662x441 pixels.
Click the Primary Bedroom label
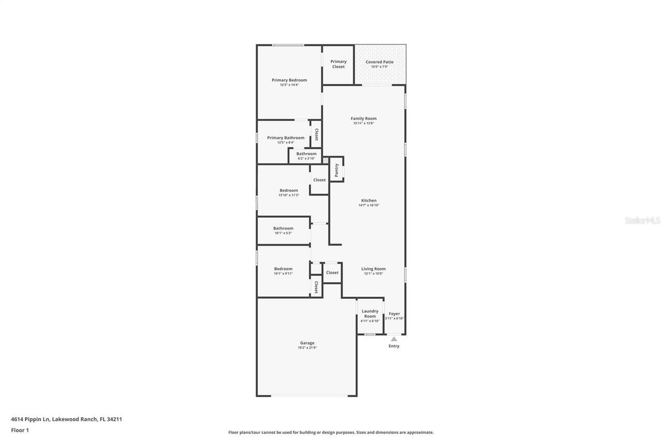pyautogui.click(x=289, y=80)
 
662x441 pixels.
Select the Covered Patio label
pyautogui.click(x=380, y=62)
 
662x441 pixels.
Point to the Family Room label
pyautogui.click(x=364, y=118)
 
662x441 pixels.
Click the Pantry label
pyautogui.click(x=337, y=170)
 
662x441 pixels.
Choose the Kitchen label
pyautogui.click(x=369, y=201)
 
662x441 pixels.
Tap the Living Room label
pyautogui.click(x=373, y=269)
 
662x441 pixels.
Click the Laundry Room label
pyautogui.click(x=370, y=314)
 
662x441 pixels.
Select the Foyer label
pyautogui.click(x=394, y=314)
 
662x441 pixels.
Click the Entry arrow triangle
pyautogui.click(x=394, y=339)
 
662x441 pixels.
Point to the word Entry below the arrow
pyautogui.click(x=394, y=346)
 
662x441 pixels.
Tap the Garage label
pyautogui.click(x=307, y=343)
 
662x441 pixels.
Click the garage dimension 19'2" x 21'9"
pyautogui.click(x=307, y=348)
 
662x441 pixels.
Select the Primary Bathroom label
pyautogui.click(x=285, y=138)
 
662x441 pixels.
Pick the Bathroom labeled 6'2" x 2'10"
pyautogui.click(x=306, y=154)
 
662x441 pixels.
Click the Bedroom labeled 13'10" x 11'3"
pyautogui.click(x=289, y=190)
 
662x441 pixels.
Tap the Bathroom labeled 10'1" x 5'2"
pyautogui.click(x=283, y=229)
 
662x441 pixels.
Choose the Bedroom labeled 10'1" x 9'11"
pyautogui.click(x=283, y=269)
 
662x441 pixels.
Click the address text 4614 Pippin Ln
pyautogui.click(x=31, y=419)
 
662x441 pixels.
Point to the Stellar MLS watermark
pyautogui.click(x=642, y=221)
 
